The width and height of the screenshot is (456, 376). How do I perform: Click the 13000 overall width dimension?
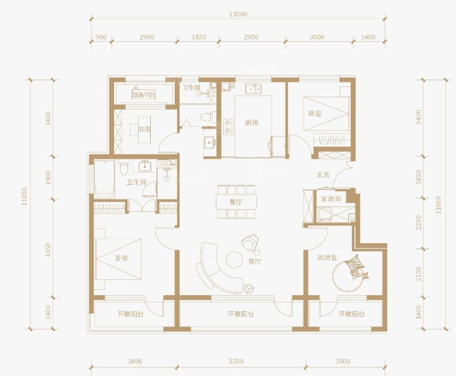238,14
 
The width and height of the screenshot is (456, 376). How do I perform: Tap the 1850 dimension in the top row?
199,37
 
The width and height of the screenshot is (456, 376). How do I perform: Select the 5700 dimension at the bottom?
236,361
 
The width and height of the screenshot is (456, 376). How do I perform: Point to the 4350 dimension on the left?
48,250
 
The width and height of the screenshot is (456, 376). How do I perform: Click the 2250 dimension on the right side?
419,222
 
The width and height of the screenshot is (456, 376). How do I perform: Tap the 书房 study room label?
145,129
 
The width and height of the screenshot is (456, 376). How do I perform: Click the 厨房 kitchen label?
251,122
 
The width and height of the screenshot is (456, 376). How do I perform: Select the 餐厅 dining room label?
236,202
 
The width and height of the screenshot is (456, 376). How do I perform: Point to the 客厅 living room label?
254,261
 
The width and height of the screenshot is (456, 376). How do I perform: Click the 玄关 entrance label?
323,175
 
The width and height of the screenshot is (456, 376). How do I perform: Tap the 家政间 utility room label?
331,199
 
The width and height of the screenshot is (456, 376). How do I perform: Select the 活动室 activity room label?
327,257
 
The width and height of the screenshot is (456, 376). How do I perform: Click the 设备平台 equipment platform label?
144,95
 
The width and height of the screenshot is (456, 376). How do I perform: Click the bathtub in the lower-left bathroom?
104,179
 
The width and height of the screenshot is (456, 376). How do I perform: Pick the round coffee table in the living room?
234,260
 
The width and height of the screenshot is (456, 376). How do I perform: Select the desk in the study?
144,130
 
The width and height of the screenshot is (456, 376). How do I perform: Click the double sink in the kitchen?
253,89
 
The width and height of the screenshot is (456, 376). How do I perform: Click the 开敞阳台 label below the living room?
241,314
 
